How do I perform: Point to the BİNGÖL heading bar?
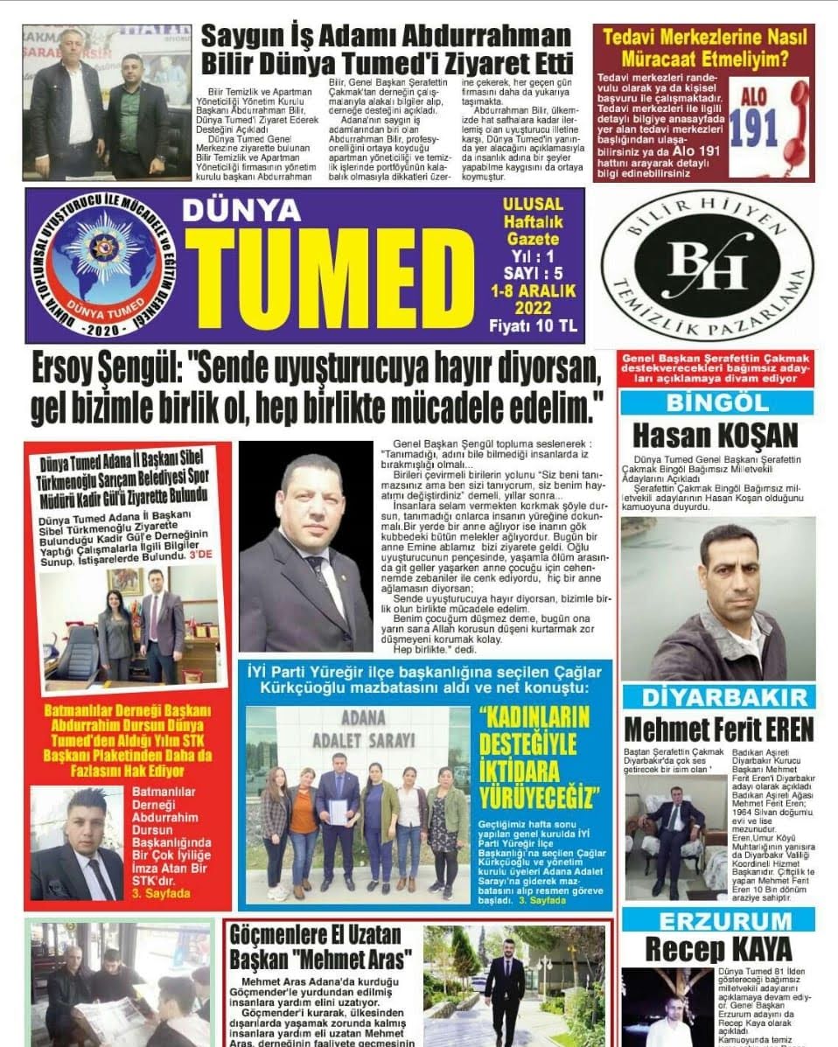click(717, 403)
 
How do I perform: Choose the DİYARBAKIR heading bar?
click(717, 697)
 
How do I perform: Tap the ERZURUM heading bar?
click(717, 920)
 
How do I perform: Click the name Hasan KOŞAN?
click(716, 435)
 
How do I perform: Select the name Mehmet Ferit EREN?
click(718, 728)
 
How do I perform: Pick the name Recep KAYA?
click(718, 948)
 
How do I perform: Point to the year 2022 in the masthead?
click(533, 308)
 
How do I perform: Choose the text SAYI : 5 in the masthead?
click(533, 273)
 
